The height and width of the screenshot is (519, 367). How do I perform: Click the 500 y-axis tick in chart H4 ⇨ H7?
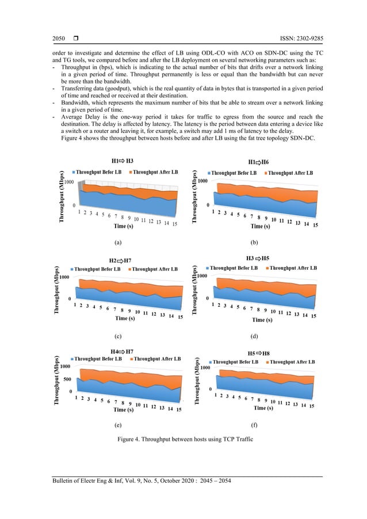pyautogui.click(x=67, y=379)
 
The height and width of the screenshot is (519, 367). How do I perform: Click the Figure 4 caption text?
pyautogui.click(x=183, y=440)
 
